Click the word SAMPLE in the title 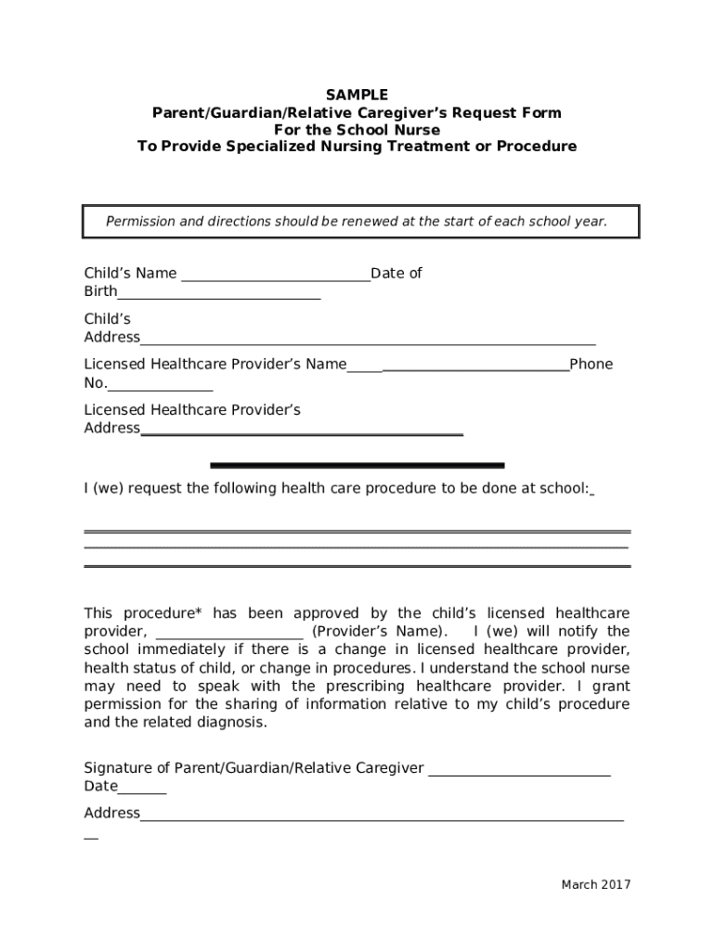pyautogui.click(x=357, y=95)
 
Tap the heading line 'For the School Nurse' pyautogui.click(x=357, y=130)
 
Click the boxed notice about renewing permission pyautogui.click(x=357, y=222)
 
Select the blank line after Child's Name pyautogui.click(x=276, y=277)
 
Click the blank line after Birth pyautogui.click(x=219, y=297)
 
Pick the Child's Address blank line pyautogui.click(x=368, y=342)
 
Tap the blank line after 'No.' pyautogui.click(x=161, y=389)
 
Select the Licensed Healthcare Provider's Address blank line pyautogui.click(x=302, y=433)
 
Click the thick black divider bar pyautogui.click(x=357, y=465)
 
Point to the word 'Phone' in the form pyautogui.click(x=591, y=364)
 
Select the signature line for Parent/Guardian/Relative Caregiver pyautogui.click(x=519, y=773)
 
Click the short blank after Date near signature pyautogui.click(x=142, y=792)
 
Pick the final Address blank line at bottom pyautogui.click(x=382, y=819)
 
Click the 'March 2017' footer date pyautogui.click(x=595, y=884)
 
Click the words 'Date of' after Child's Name pyautogui.click(x=396, y=273)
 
